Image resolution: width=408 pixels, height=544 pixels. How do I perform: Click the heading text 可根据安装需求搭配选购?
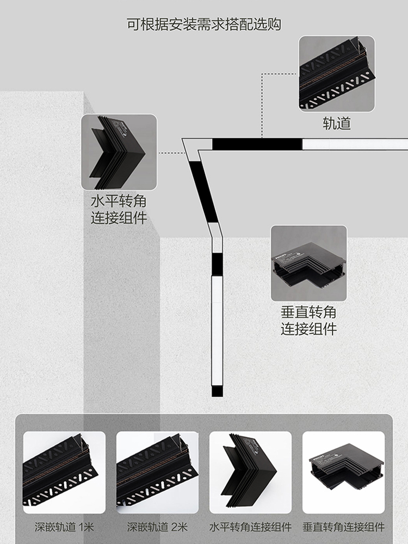(x=204, y=24)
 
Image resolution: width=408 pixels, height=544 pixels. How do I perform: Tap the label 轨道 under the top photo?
(x=337, y=123)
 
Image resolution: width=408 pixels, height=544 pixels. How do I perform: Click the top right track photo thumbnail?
(x=337, y=74)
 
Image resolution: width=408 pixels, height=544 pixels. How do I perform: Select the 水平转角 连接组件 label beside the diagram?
(x=119, y=211)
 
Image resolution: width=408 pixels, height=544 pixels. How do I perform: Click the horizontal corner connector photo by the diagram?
(x=119, y=152)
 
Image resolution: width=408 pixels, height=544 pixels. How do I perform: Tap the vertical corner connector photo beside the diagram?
(x=308, y=263)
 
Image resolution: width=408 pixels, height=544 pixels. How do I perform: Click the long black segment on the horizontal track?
(x=256, y=144)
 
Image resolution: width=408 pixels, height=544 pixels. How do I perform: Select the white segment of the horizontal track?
(x=354, y=144)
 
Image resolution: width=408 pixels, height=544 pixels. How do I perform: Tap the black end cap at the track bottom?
(x=217, y=391)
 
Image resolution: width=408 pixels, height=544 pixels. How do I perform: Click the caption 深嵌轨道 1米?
(x=64, y=527)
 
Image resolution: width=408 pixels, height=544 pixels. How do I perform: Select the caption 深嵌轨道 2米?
(x=157, y=527)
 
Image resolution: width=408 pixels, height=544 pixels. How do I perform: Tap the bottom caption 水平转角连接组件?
(x=250, y=527)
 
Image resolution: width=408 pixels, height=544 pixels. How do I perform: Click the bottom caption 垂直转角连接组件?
(x=343, y=527)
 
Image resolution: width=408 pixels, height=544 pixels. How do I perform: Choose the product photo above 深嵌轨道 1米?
(x=64, y=473)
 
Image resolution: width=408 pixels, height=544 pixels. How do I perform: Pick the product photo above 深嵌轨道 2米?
(x=157, y=473)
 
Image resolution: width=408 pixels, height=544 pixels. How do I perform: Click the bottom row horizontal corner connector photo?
(x=250, y=473)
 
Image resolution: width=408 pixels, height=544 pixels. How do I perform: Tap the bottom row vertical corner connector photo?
(x=343, y=473)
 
